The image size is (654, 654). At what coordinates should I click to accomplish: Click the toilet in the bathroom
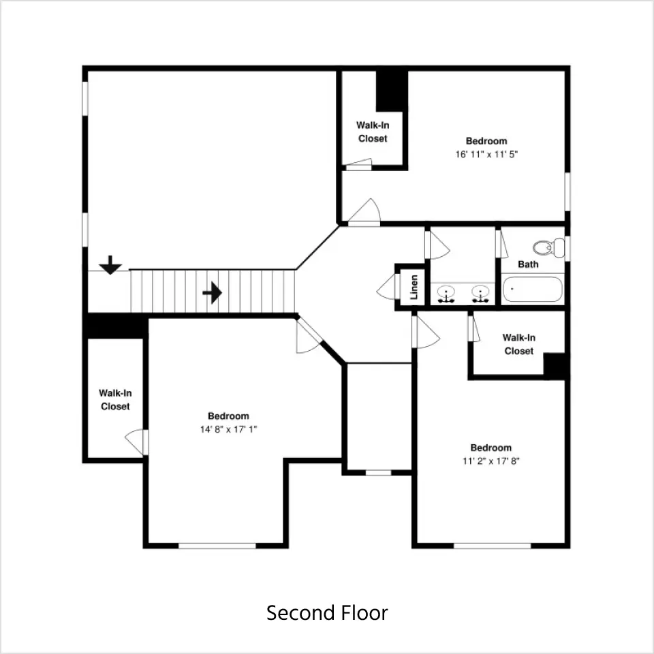click(x=548, y=248)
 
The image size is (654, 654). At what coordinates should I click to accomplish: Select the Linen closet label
click(x=414, y=287)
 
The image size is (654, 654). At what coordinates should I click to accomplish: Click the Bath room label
click(x=528, y=264)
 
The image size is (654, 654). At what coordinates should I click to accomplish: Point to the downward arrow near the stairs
click(x=110, y=265)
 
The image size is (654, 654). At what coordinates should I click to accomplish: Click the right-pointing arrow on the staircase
click(x=213, y=293)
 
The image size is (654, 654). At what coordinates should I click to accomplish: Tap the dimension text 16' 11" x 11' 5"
click(x=486, y=155)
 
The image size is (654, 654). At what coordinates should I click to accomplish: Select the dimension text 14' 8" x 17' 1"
click(x=229, y=429)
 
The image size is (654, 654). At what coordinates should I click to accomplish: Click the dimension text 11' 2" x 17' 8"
click(x=491, y=461)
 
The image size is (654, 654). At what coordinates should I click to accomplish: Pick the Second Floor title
click(x=327, y=612)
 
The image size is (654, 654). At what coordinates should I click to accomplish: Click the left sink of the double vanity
click(x=446, y=294)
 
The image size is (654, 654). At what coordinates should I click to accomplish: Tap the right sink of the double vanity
click(x=480, y=294)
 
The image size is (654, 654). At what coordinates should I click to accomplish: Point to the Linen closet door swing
click(x=386, y=287)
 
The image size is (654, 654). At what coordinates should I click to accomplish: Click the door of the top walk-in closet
click(x=359, y=164)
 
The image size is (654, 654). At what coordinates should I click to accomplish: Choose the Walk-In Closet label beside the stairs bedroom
click(x=115, y=400)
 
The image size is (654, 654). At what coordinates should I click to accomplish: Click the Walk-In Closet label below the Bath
click(x=519, y=344)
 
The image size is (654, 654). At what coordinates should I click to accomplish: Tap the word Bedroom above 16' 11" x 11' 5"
click(x=486, y=141)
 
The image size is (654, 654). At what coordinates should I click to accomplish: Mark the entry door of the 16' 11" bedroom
click(x=364, y=213)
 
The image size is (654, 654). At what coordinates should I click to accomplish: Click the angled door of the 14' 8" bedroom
click(x=308, y=336)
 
